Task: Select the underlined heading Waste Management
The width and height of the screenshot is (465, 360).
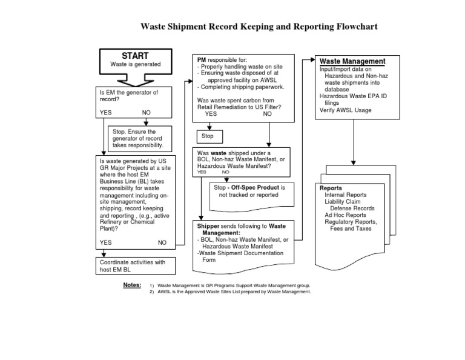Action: [x=352, y=62]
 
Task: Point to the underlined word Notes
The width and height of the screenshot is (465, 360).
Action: [x=131, y=284]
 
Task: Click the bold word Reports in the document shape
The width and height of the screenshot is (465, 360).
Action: [x=331, y=188]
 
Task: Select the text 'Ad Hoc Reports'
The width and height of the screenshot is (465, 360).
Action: [x=345, y=215]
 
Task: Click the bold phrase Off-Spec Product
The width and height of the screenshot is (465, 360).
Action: [x=256, y=187]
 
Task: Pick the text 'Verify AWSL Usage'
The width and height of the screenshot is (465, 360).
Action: [x=346, y=110]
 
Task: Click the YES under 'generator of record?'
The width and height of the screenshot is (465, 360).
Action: [x=106, y=113]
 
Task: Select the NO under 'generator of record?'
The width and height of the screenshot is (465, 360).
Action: [x=147, y=113]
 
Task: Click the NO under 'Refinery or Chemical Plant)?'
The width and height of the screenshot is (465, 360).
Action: [x=162, y=242]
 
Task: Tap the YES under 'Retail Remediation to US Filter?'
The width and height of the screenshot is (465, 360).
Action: [x=211, y=114]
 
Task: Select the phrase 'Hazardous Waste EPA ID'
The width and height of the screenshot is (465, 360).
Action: [x=354, y=96]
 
